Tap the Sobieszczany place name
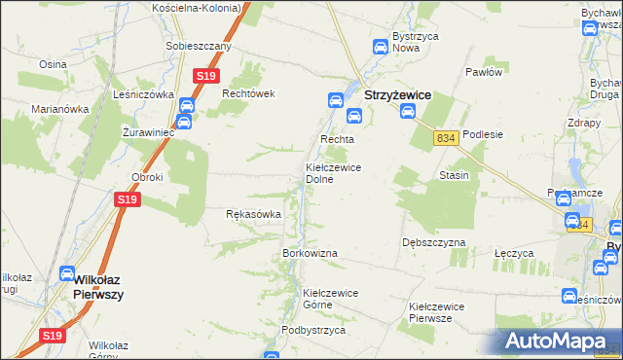coord(198,46)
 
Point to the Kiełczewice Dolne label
coord(334,173)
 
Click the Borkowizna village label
coord(310,253)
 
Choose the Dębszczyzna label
coord(433,241)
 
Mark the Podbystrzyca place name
coord(313,330)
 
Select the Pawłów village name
coord(483,72)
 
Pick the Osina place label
coord(52,63)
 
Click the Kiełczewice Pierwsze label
coord(436,311)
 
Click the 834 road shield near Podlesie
coord(447,139)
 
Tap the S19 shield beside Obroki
coord(128,199)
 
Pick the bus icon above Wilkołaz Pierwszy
coord(68,274)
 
